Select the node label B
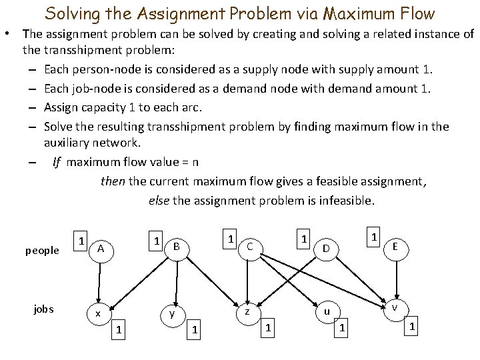point(176,246)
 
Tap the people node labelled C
point(249,247)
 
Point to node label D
point(325,249)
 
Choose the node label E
point(395,246)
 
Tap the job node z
point(247,311)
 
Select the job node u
point(326,311)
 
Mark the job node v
point(395,307)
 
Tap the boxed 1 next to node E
point(375,237)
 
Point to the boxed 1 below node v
point(413,327)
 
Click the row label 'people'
point(42,251)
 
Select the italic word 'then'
point(112,180)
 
